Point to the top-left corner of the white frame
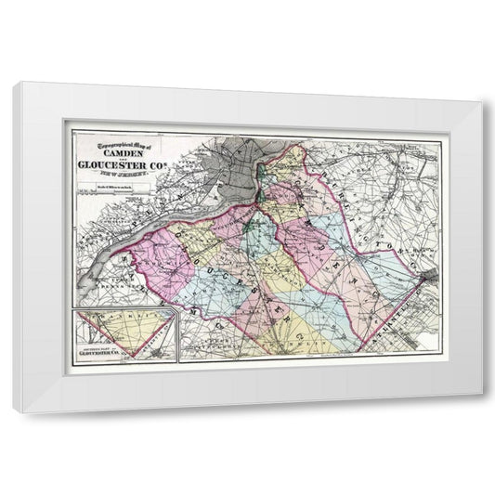[16, 85]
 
